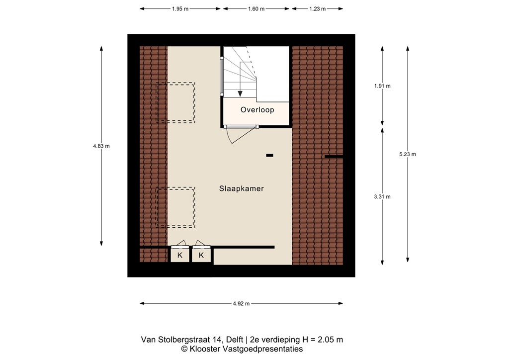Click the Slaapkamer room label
pos(241,189)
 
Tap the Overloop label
pos(257,110)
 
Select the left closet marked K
pos(180,255)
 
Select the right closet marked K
pos(201,255)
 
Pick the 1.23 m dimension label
pos(317,9)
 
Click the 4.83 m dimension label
pos(101,146)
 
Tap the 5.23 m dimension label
pos(407,154)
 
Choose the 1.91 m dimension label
pos(382,86)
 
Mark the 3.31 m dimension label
pos(382,196)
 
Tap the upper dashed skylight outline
pos(176,102)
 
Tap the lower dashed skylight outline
pos(176,207)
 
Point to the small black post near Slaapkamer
pos(269,156)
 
